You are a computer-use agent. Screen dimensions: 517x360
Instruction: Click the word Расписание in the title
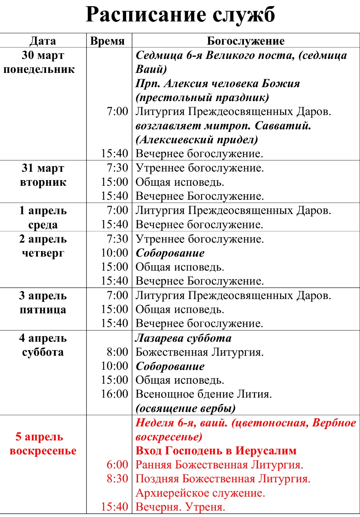tap(146, 15)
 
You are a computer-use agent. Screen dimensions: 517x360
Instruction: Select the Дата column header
tap(43, 41)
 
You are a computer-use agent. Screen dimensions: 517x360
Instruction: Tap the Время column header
tap(107, 41)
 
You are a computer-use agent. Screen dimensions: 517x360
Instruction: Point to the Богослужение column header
tap(246, 41)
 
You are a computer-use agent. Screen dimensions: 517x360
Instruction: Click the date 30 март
tap(43, 55)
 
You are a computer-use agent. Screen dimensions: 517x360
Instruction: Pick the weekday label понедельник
tap(39, 69)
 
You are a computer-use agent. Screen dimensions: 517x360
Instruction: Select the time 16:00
tap(114, 394)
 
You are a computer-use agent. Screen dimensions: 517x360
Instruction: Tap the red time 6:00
tap(117, 465)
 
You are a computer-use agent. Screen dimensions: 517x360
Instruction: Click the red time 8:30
tap(117, 479)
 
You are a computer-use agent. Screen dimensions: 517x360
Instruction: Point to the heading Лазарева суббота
tap(184, 338)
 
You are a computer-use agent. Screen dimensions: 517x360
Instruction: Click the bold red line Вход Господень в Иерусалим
tap(216, 451)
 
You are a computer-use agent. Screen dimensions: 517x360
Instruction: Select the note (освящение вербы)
tap(186, 408)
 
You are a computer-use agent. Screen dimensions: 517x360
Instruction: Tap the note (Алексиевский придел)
tap(197, 140)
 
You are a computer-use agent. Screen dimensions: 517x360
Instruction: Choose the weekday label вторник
tap(43, 182)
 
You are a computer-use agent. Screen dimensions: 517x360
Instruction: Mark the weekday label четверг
tap(43, 253)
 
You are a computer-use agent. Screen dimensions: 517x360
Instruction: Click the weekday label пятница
tap(43, 309)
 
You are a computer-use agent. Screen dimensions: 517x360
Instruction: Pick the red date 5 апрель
tap(39, 437)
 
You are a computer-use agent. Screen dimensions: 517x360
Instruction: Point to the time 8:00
tap(117, 352)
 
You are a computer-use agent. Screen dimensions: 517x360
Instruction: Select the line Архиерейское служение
tap(200, 493)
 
